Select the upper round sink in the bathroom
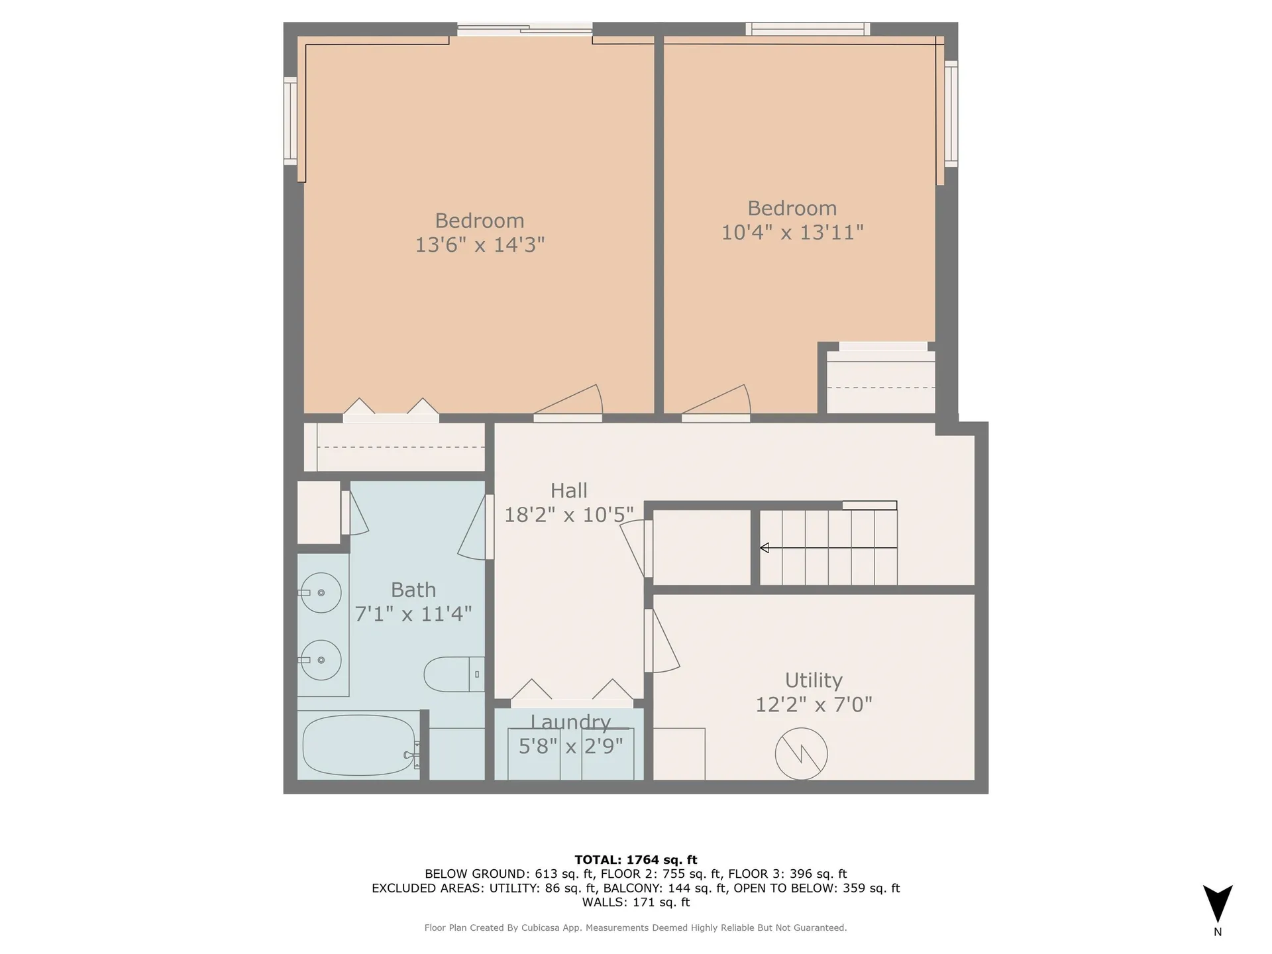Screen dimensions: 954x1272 click(x=321, y=592)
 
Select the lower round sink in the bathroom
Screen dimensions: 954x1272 click(x=321, y=660)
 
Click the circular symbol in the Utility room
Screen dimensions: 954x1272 click(x=801, y=753)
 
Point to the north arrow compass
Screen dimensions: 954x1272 click(x=1218, y=904)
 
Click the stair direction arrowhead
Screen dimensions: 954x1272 click(x=765, y=548)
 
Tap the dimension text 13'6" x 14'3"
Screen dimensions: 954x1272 click(x=480, y=245)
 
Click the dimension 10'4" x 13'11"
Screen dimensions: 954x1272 click(x=792, y=233)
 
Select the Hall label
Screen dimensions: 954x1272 click(x=569, y=491)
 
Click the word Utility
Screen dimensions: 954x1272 click(x=814, y=680)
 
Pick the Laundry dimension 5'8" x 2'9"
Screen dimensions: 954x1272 click(x=570, y=747)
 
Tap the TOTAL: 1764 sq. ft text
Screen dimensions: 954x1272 click(x=635, y=860)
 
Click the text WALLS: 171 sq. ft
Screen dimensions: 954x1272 click(x=635, y=902)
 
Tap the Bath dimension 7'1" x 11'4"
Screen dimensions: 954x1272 click(x=413, y=614)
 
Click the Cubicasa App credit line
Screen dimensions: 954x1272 click(x=635, y=928)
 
